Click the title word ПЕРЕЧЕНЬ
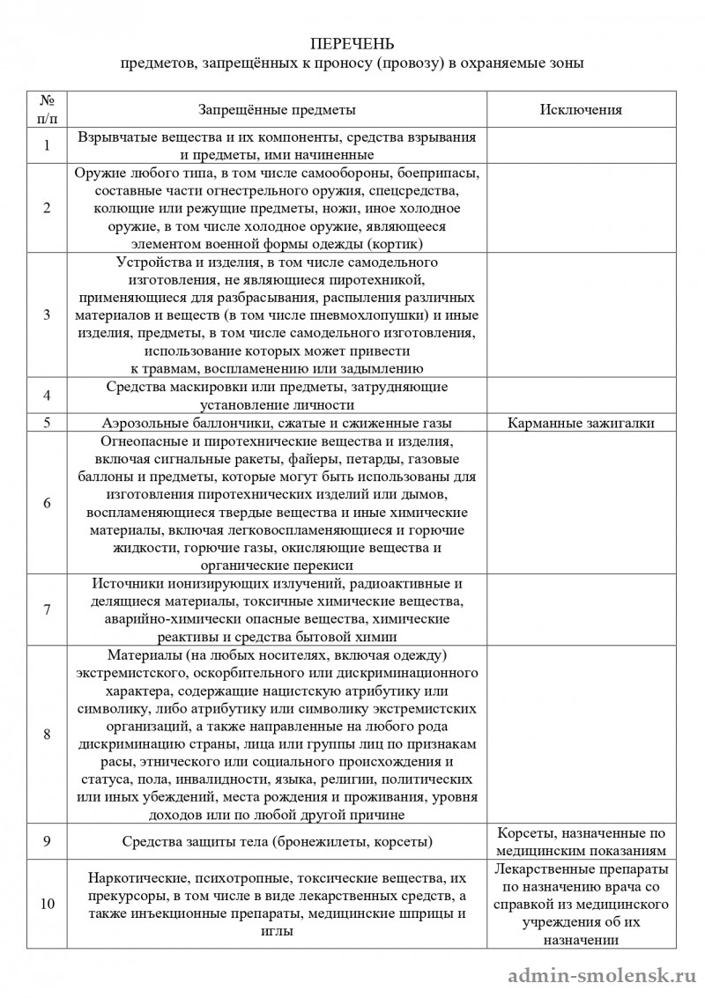coord(352,44)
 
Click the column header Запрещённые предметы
coord(277,110)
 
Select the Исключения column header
coord(581,110)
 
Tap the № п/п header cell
coord(47,110)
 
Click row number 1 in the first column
coord(47,145)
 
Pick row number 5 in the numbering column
coord(47,422)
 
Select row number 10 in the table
coord(47,904)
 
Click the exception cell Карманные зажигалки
coord(581,422)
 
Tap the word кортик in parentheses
coord(397,243)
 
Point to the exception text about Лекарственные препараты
coord(581,903)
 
